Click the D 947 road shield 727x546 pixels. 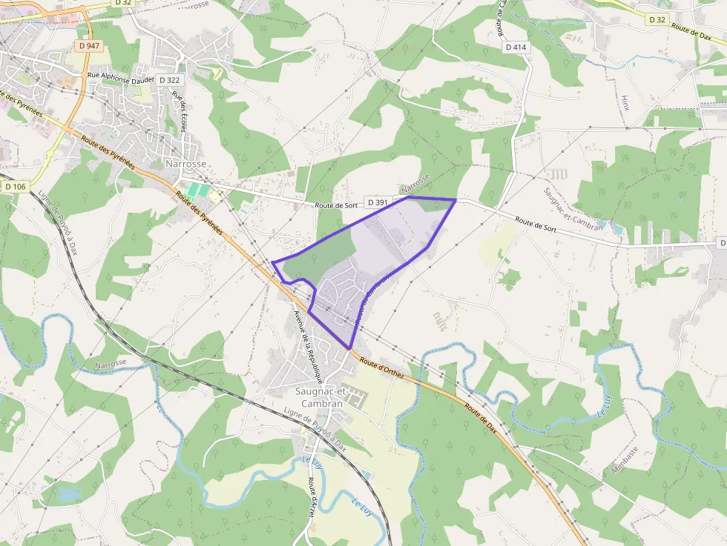tap(91, 46)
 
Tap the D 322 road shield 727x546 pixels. tap(168, 80)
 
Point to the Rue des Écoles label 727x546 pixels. tap(179, 112)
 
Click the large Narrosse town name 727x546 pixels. tap(185, 163)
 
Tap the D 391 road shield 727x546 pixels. tap(377, 202)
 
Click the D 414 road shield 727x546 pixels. tap(516, 47)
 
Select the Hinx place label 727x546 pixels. tap(625, 102)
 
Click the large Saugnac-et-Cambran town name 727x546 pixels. tap(319, 397)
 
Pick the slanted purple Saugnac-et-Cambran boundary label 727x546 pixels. tap(573, 208)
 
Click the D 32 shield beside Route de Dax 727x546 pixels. tap(657, 20)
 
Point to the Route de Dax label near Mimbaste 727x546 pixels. tap(481, 419)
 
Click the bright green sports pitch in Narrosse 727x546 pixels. tap(197, 190)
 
